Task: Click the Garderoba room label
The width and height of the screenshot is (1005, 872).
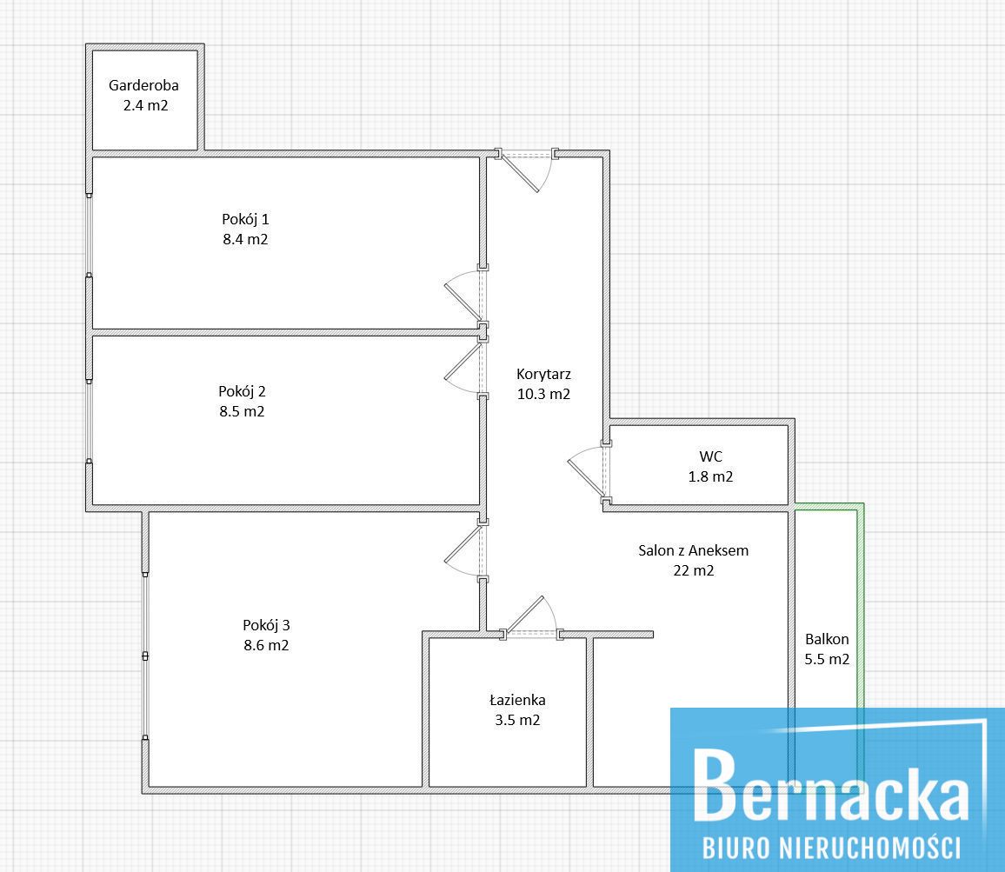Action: tap(143, 85)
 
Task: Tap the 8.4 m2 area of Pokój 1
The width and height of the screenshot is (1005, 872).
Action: tap(245, 240)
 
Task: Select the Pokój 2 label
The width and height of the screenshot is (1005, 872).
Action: tap(242, 391)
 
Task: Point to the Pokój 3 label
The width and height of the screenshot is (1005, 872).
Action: tap(266, 625)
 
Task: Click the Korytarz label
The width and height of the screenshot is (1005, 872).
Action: tap(543, 374)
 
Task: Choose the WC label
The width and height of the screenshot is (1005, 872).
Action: tap(711, 456)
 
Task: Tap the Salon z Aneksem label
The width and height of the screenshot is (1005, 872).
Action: tap(694, 550)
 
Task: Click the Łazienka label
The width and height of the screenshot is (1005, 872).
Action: tap(517, 700)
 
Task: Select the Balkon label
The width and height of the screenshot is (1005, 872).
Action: tap(827, 639)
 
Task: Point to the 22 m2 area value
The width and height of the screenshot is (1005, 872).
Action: tap(694, 570)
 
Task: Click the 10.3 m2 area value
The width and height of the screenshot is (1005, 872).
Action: tap(543, 395)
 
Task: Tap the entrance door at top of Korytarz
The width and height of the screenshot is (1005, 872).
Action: tap(526, 170)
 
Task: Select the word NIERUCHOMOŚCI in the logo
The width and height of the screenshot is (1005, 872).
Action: tap(869, 848)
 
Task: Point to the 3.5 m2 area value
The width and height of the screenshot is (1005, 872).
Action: tap(517, 720)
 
